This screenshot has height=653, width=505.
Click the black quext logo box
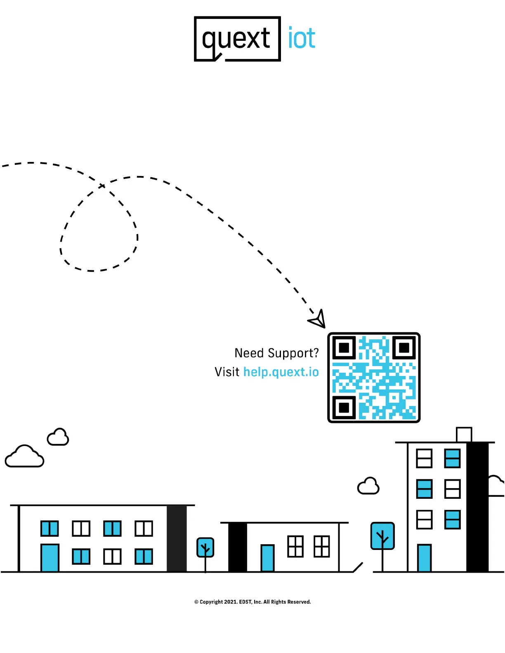(x=237, y=39)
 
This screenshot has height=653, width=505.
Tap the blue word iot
(x=302, y=38)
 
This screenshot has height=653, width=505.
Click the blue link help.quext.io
(x=281, y=372)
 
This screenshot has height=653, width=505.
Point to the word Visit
(x=227, y=372)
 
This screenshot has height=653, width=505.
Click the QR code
(x=374, y=378)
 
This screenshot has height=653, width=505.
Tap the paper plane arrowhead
(x=318, y=319)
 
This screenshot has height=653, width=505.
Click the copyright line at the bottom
(x=252, y=602)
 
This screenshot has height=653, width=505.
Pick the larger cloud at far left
(x=24, y=457)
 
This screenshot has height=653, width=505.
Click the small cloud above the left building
(x=58, y=437)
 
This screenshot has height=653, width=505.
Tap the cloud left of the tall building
(x=368, y=486)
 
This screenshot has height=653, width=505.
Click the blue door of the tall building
(x=424, y=558)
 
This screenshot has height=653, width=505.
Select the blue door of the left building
(x=50, y=558)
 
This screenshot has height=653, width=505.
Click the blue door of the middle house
(x=268, y=558)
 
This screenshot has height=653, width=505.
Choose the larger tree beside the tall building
(x=382, y=536)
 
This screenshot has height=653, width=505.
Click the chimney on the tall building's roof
(x=464, y=435)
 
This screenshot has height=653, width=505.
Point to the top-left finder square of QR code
(x=344, y=348)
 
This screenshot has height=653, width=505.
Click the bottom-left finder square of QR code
(x=344, y=407)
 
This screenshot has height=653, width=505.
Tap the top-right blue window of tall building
(x=452, y=458)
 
